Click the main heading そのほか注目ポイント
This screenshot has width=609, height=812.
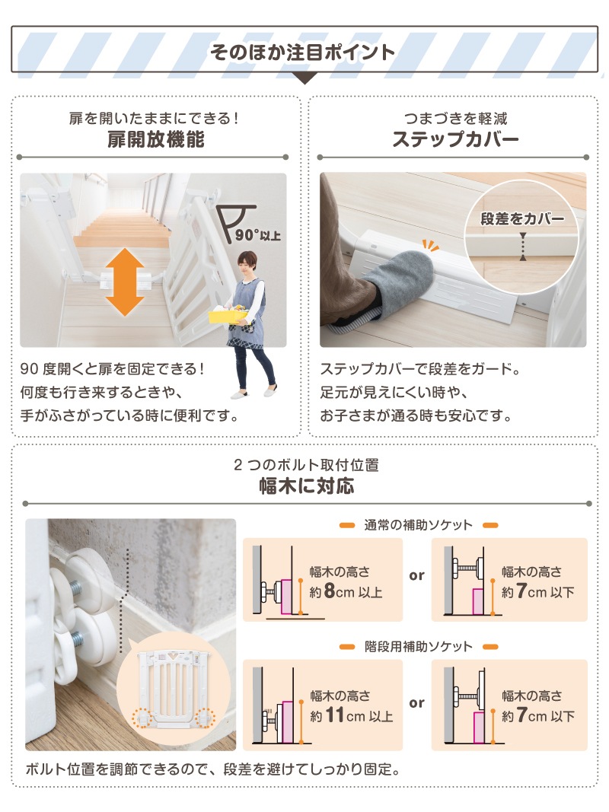(302, 52)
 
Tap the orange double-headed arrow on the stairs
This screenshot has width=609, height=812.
(125, 282)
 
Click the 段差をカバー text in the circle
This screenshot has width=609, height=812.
(522, 219)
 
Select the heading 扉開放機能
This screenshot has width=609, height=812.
(156, 139)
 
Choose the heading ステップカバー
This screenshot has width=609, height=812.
(455, 139)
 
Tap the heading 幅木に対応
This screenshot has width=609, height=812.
(307, 486)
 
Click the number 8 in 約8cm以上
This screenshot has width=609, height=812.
(330, 591)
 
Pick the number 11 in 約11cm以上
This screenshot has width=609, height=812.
(335, 715)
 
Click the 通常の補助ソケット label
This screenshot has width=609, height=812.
(419, 525)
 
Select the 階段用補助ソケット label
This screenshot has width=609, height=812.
(419, 646)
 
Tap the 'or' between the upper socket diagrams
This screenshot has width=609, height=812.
(416, 575)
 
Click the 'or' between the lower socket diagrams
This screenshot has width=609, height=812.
(416, 702)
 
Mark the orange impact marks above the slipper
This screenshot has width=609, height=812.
(430, 245)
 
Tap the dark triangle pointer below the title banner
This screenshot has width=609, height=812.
(304, 78)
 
